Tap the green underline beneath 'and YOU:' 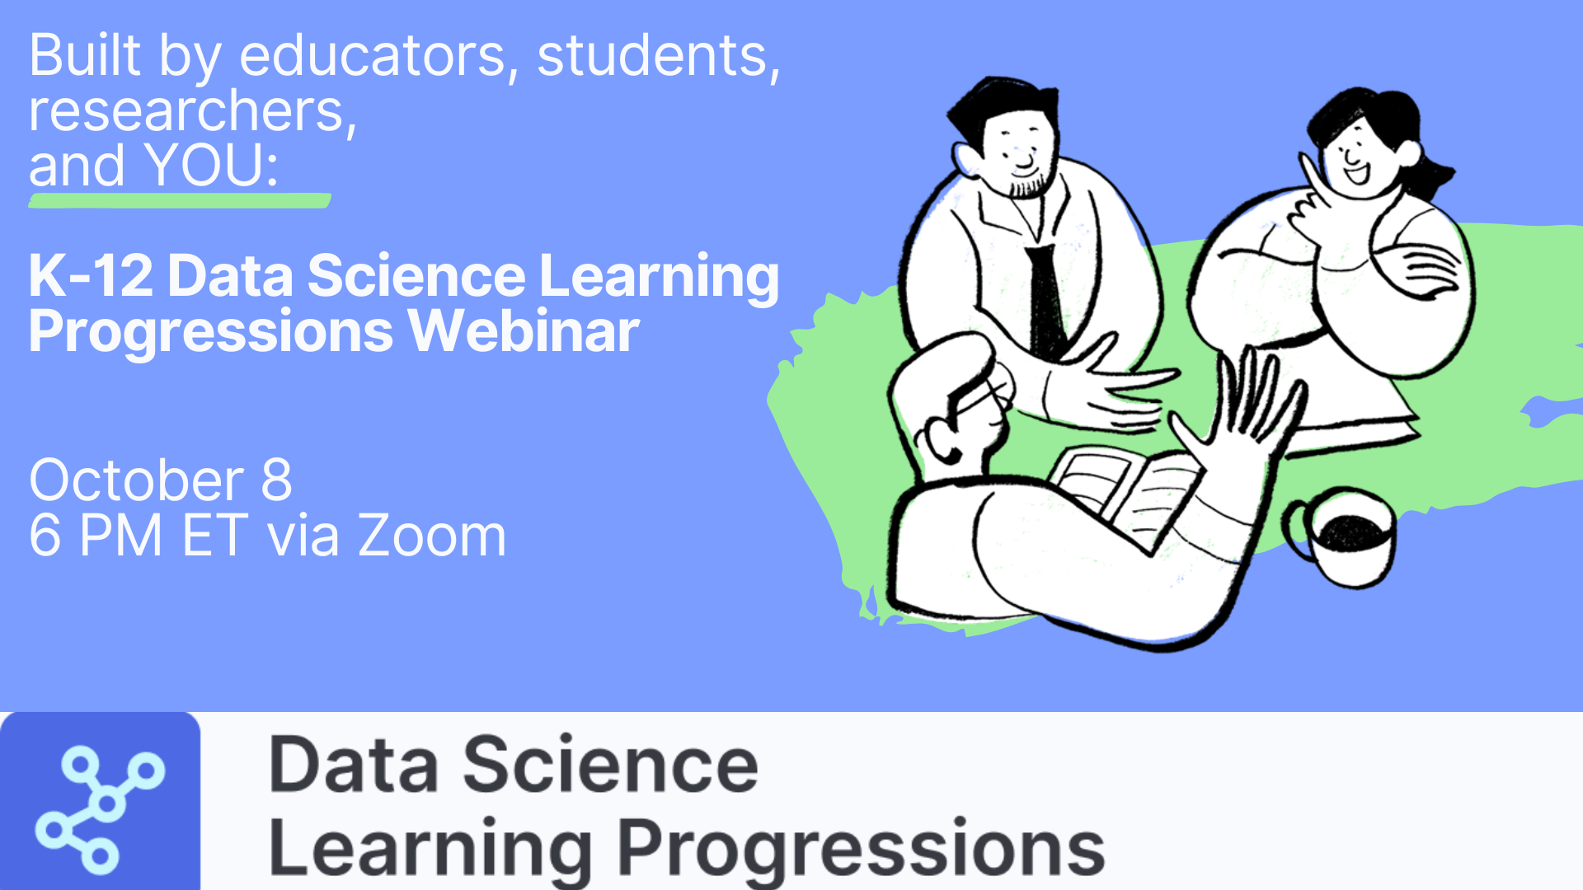click(x=180, y=200)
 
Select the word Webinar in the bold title click(x=524, y=331)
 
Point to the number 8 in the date click(x=276, y=480)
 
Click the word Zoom click(x=431, y=536)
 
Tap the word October click(x=137, y=480)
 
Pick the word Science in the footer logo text click(x=610, y=765)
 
